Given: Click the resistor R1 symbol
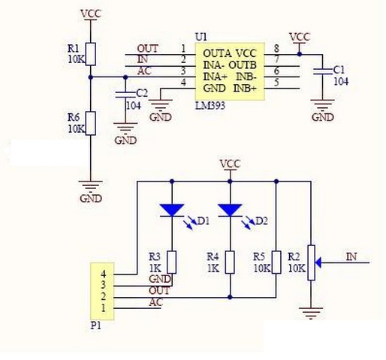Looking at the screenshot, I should (x=90, y=54).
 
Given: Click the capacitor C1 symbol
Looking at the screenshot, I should (x=323, y=71).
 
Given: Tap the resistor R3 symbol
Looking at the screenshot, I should (x=172, y=262).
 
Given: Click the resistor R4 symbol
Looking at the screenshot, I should (x=229, y=262).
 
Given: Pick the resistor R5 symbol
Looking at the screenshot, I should (x=276, y=262).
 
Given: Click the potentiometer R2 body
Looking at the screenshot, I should (x=309, y=262).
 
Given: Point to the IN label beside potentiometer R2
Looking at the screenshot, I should (x=351, y=256).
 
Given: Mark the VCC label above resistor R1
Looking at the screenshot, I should (x=89, y=13).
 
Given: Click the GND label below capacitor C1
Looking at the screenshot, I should (x=322, y=117).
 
